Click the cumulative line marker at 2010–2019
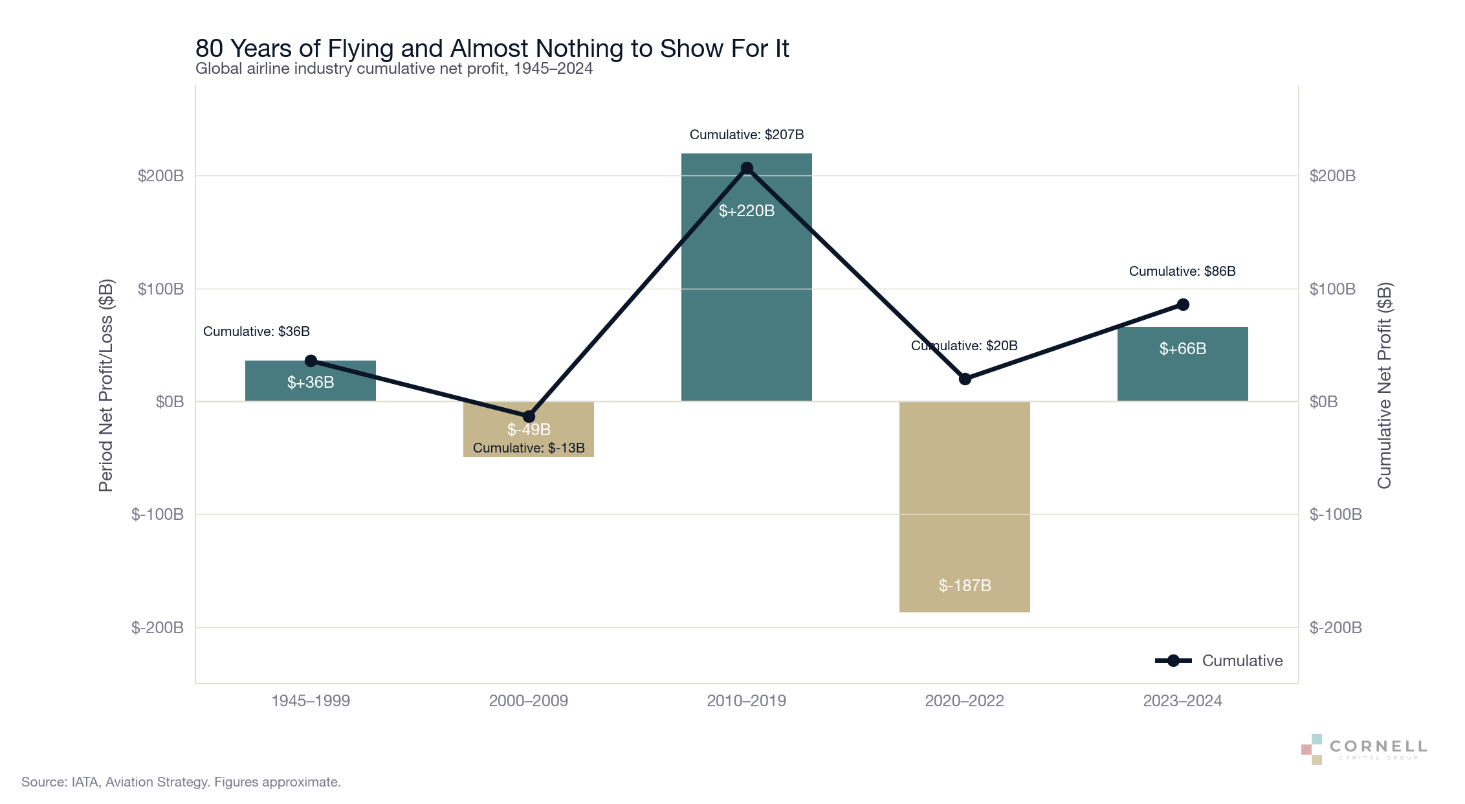(x=747, y=168)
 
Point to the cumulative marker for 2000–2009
(x=529, y=416)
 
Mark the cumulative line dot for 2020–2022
(x=965, y=379)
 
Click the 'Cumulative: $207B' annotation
(x=747, y=135)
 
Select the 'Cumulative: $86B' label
(x=1182, y=271)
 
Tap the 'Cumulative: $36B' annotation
(x=256, y=331)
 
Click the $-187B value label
(x=965, y=585)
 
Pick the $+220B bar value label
(x=747, y=210)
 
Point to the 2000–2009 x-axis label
(x=529, y=700)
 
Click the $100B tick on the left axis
(x=160, y=289)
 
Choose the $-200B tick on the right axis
(x=1336, y=627)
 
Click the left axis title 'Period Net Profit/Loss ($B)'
(x=106, y=385)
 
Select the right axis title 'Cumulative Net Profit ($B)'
(x=1384, y=385)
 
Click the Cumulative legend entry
(x=1219, y=660)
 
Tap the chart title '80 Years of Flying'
(x=492, y=49)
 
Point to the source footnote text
(x=181, y=782)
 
